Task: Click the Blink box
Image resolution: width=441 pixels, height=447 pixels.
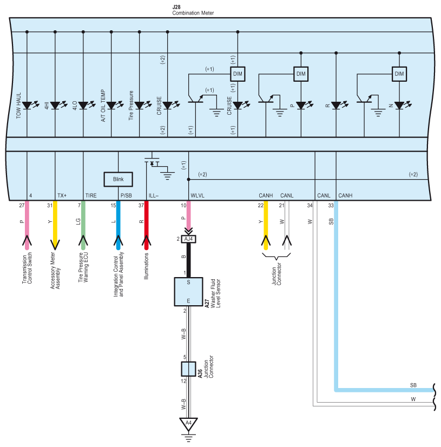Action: click(118, 179)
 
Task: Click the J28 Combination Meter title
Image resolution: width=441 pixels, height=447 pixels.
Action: click(193, 10)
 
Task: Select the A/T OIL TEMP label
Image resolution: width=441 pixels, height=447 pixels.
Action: click(103, 106)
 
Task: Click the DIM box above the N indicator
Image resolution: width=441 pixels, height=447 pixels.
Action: click(399, 74)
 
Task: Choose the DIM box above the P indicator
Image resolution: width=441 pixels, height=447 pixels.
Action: click(301, 74)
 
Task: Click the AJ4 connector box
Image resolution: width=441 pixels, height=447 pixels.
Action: click(188, 239)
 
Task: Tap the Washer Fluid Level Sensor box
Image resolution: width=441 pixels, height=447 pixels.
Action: click(188, 292)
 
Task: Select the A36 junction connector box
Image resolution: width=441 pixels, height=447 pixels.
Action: click(188, 369)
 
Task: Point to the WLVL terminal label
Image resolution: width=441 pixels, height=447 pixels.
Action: click(198, 195)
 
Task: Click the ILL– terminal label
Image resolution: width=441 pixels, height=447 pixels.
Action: click(153, 195)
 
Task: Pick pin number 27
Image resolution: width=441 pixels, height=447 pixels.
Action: click(22, 205)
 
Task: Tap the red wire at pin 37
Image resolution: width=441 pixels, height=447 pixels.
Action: click(146, 225)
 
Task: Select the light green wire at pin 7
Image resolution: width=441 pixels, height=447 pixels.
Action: click(83, 225)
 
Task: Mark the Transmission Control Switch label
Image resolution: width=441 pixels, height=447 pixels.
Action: click(27, 268)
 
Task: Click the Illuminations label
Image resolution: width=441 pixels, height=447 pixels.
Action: click(146, 266)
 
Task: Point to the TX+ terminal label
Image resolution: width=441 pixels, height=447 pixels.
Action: click(62, 195)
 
